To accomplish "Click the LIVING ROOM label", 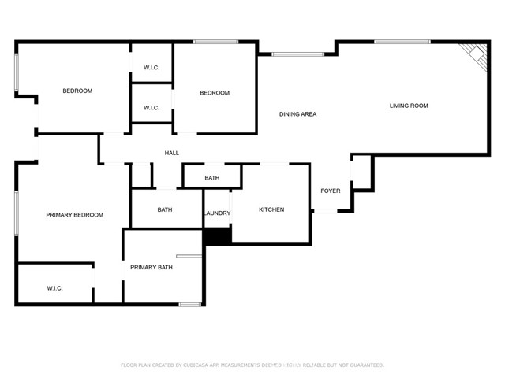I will pos(409,106).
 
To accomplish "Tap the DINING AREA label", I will pos(297,114).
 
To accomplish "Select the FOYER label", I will pos(330,191).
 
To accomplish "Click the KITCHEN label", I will pos(271,209).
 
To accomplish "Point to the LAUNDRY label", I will pos(217,213).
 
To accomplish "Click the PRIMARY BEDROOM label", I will pos(74,215).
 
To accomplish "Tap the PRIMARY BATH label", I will pos(151,268).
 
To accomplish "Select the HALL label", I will pos(171,153).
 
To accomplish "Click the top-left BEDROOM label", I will pos(77,91).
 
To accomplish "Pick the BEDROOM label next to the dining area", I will pos(214,93).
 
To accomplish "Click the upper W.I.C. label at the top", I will pos(151,68).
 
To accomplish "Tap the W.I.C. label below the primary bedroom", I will pos(54,288).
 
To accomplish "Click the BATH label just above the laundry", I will pos(211,178).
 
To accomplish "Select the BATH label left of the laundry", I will pos(164,209).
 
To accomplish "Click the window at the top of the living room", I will pos(402,42).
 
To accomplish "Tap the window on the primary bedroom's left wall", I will pos(17,212).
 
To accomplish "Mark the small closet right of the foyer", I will pos(361,172).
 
